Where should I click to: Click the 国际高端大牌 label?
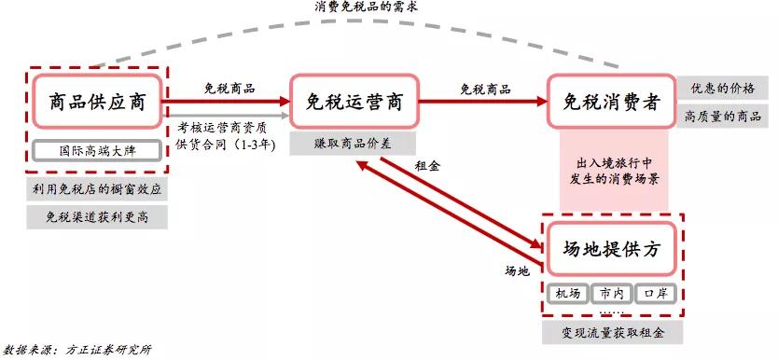click(97, 151)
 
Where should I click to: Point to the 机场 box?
click(568, 294)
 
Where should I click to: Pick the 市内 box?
click(612, 294)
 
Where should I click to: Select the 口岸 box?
click(656, 294)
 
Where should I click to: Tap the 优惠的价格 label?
click(722, 90)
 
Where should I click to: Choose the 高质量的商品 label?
click(722, 117)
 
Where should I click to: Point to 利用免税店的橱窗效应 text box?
click(97, 189)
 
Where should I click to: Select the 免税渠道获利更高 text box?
click(97, 218)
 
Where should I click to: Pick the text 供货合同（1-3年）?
click(226, 145)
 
